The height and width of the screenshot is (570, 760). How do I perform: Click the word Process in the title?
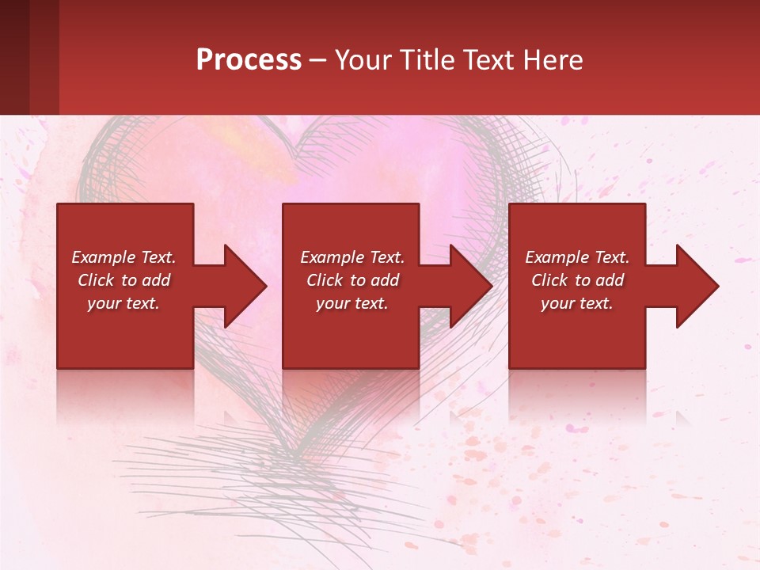click(x=249, y=60)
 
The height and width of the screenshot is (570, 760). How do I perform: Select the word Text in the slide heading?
click(x=489, y=60)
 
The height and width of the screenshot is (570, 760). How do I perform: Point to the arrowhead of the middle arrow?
click(x=470, y=287)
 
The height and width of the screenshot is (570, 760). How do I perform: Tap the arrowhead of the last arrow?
click(x=696, y=287)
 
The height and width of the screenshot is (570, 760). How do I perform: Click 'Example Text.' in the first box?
click(x=123, y=257)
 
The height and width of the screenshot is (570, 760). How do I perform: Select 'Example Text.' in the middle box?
click(x=352, y=257)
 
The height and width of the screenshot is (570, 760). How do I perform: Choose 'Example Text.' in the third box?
click(x=577, y=257)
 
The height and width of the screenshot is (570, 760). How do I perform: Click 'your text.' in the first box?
click(x=123, y=303)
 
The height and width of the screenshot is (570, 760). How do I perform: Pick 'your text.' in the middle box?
click(x=352, y=303)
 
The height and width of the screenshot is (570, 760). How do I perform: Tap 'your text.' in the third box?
click(x=577, y=303)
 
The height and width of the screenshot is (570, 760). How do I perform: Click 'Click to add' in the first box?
click(x=123, y=280)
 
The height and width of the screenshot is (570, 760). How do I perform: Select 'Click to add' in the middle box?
click(x=352, y=280)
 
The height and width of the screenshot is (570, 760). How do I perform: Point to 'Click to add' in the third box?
click(x=577, y=280)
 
